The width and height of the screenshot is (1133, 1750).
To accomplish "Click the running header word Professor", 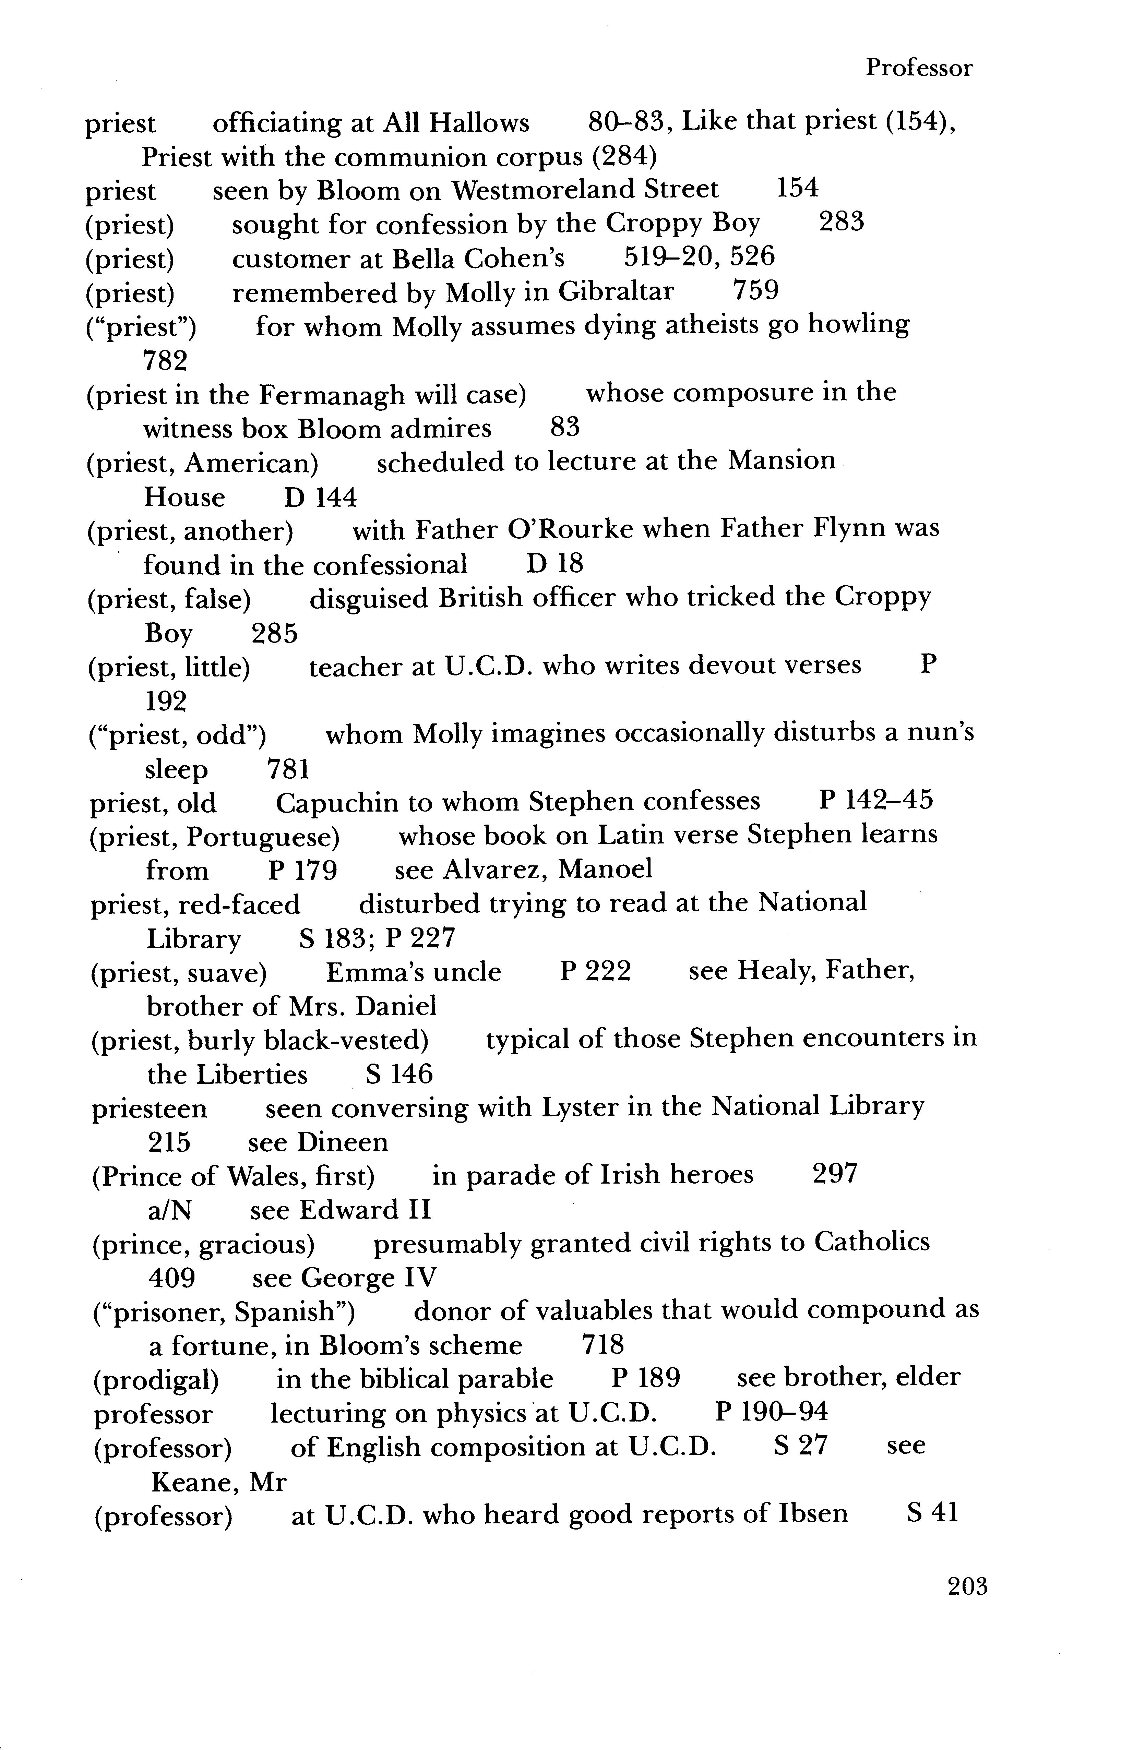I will (918, 68).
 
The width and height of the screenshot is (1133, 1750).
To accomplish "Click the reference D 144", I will (321, 498).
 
